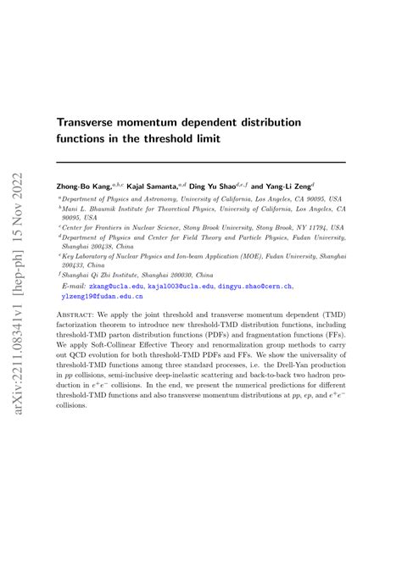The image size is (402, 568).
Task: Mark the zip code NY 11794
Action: click(x=305, y=228)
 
